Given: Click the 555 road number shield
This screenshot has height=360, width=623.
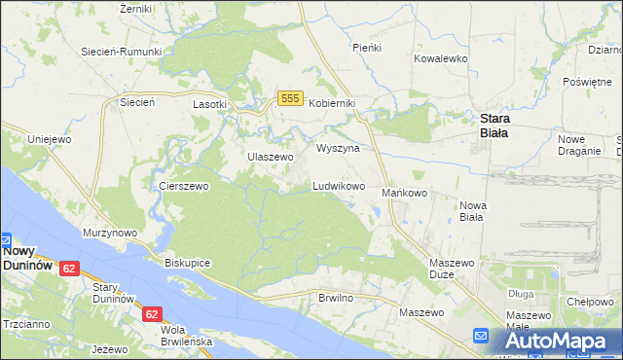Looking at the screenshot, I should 288,98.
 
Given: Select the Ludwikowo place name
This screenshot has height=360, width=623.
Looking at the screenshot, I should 338,185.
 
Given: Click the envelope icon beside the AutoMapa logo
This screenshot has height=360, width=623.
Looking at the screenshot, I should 481,337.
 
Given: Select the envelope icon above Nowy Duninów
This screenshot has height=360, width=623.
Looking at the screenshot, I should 4,238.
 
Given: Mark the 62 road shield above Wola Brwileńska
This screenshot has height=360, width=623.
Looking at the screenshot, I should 152,314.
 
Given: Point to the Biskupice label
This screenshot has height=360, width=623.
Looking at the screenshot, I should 188,263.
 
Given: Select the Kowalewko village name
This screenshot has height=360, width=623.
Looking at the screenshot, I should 441,58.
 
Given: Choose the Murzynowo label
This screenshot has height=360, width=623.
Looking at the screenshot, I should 109,234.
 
